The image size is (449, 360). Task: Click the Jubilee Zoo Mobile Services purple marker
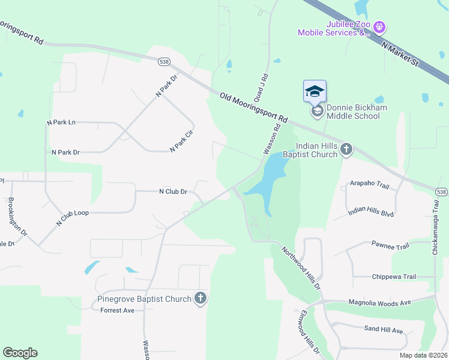(379, 26)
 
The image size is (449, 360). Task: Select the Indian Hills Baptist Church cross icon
(346, 149)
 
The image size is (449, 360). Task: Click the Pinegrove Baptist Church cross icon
(200, 298)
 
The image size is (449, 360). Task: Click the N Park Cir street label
(181, 140)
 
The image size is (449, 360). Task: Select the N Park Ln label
(61, 122)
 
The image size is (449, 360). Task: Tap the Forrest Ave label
(118, 310)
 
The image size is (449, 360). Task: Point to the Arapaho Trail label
(370, 186)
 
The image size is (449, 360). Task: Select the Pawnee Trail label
(390, 246)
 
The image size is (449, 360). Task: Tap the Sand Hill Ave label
(384, 329)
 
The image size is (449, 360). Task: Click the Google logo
(20, 353)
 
